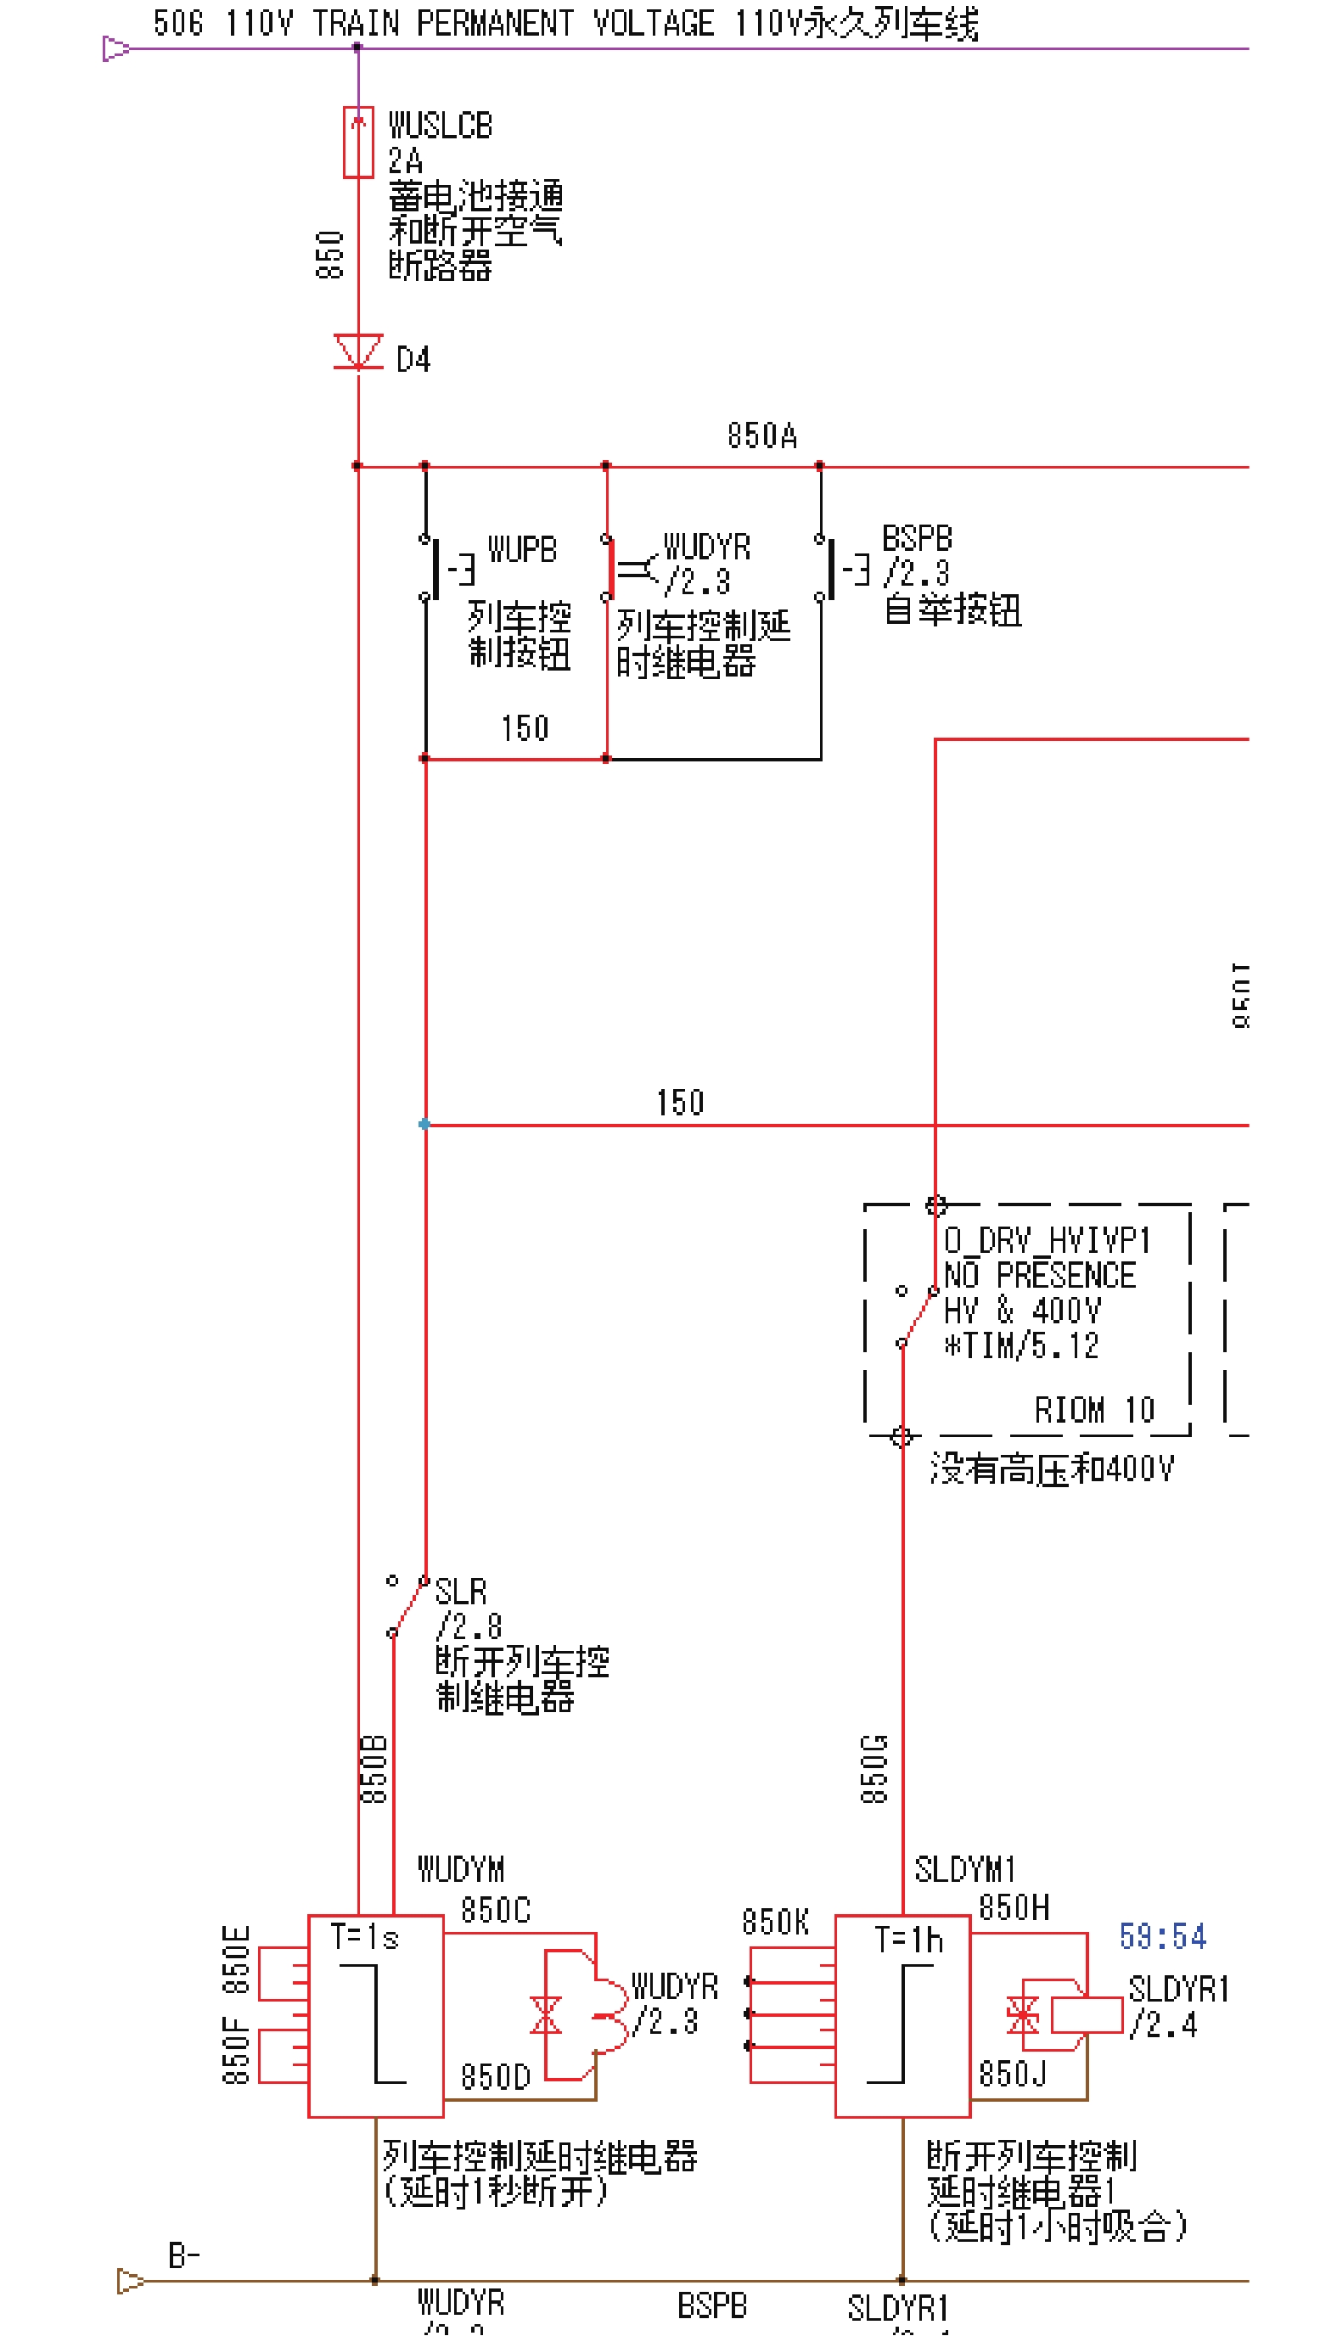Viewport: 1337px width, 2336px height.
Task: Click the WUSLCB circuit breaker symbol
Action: pos(358,143)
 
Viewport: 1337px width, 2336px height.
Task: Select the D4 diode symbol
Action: pos(358,351)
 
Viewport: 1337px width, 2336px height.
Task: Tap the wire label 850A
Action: pos(762,435)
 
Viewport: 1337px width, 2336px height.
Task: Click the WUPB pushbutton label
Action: pos(521,549)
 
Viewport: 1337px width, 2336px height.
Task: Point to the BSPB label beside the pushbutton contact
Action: pos(917,538)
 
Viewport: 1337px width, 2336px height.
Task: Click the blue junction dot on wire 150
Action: pos(424,1124)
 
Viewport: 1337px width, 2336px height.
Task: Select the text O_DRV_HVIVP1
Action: pos(1047,1240)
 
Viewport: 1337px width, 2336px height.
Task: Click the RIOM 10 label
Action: pos(1093,1410)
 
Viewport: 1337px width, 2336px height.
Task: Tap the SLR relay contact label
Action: pos(461,1592)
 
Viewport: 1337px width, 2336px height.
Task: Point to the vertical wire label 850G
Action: pos(875,1768)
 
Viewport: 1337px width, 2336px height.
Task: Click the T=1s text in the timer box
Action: pos(364,1938)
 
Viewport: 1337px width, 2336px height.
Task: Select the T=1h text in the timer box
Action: pos(908,1940)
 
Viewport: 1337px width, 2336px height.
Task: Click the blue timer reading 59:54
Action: pos(1161,1936)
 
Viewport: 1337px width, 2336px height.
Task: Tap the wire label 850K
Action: pos(775,1922)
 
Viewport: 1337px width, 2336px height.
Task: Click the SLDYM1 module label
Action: pos(964,1869)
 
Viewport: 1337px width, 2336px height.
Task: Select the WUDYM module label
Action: pos(461,1869)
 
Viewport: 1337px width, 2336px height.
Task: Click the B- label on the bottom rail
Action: pos(183,2255)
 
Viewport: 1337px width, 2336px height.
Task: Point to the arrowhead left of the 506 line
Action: pos(115,48)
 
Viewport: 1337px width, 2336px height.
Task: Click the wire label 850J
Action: pos(1012,2075)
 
